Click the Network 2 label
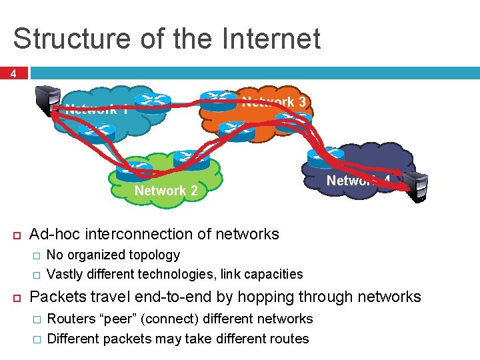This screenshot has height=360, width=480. point(166,191)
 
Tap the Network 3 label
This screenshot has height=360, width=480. point(274,102)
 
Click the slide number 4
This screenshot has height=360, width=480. point(13,74)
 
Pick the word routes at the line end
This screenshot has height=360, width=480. point(288,339)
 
